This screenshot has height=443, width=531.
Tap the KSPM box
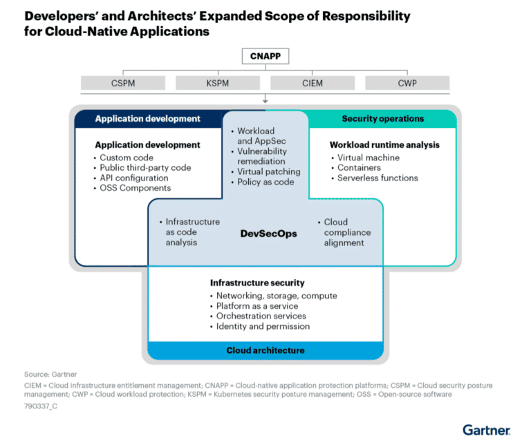(218, 84)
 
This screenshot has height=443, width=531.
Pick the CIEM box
(313, 84)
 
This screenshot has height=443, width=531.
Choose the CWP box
(407, 84)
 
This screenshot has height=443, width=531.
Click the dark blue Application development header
(148, 119)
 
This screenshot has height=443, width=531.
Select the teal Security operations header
(382, 119)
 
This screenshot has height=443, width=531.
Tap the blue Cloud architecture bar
(265, 350)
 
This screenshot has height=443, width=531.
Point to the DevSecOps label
(268, 234)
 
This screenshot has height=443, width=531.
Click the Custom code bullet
(125, 158)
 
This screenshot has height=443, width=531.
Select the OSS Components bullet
(135, 187)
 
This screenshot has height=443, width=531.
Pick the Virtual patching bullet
(268, 171)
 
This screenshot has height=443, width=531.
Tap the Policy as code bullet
(265, 182)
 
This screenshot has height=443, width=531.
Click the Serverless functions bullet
(378, 178)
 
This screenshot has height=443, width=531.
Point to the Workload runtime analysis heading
(384, 145)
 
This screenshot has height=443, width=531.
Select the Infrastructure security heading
(257, 283)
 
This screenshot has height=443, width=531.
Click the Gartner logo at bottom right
(486, 429)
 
